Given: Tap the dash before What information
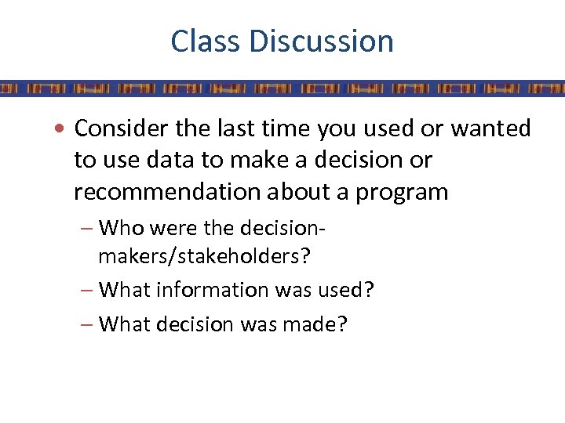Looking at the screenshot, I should [x=86, y=290].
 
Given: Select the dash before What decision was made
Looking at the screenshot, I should [x=86, y=323].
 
